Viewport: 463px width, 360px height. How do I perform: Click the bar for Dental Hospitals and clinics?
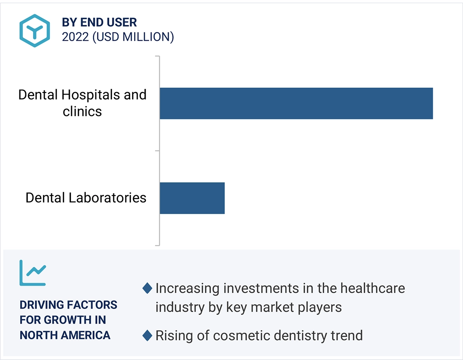[x=296, y=103]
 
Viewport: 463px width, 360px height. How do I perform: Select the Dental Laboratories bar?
[x=192, y=198]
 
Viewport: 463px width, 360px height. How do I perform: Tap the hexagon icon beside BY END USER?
[x=35, y=30]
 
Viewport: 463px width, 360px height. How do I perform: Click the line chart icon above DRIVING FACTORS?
[x=33, y=273]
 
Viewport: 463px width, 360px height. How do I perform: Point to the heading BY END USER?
[x=99, y=22]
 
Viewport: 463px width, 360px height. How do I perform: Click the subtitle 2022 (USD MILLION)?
[x=118, y=37]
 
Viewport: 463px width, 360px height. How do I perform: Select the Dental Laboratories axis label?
[x=86, y=197]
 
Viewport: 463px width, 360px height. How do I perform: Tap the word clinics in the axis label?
[x=82, y=112]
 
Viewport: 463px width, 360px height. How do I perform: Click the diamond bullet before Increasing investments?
[x=147, y=288]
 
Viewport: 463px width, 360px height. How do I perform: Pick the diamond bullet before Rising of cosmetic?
[x=147, y=336]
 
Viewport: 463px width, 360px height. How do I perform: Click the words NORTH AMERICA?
[x=65, y=335]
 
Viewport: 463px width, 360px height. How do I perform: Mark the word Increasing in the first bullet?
[x=187, y=288]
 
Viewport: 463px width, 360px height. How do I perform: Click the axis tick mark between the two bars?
[x=157, y=151]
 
